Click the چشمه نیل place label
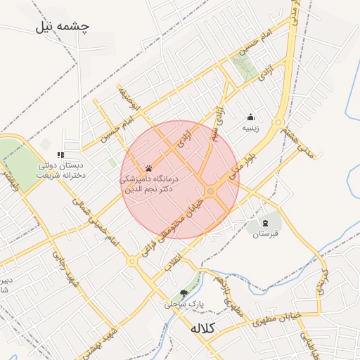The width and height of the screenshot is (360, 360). pos(65,27)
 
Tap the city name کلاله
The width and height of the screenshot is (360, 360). pos(204,328)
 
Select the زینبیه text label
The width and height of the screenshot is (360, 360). pos(251,129)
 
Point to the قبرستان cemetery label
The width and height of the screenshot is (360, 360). pos(266,233)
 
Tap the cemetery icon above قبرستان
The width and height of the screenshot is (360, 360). pos(266,221)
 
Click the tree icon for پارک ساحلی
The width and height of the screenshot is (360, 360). pos(184,292)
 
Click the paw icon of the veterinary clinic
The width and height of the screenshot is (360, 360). pos(149,168)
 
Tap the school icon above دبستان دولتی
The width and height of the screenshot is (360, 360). pos(61,155)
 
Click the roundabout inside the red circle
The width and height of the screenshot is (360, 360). pos(210,192)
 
